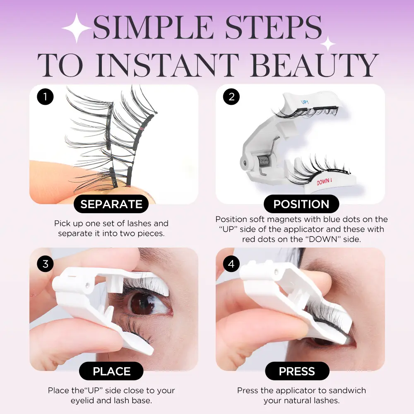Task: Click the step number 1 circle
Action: coord(45,96)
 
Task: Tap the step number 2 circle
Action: coord(231,96)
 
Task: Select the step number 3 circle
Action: coord(45,263)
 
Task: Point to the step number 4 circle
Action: coord(231,263)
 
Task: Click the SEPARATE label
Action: coord(111,204)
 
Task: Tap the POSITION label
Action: coord(301,204)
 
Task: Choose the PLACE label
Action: coord(111,371)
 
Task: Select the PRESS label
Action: coord(297,371)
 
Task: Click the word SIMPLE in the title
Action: coord(153,27)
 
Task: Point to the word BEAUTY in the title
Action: coord(315,65)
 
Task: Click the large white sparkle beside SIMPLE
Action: coord(77,28)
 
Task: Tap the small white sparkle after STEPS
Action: coord(328,43)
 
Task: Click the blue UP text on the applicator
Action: coord(304,102)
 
